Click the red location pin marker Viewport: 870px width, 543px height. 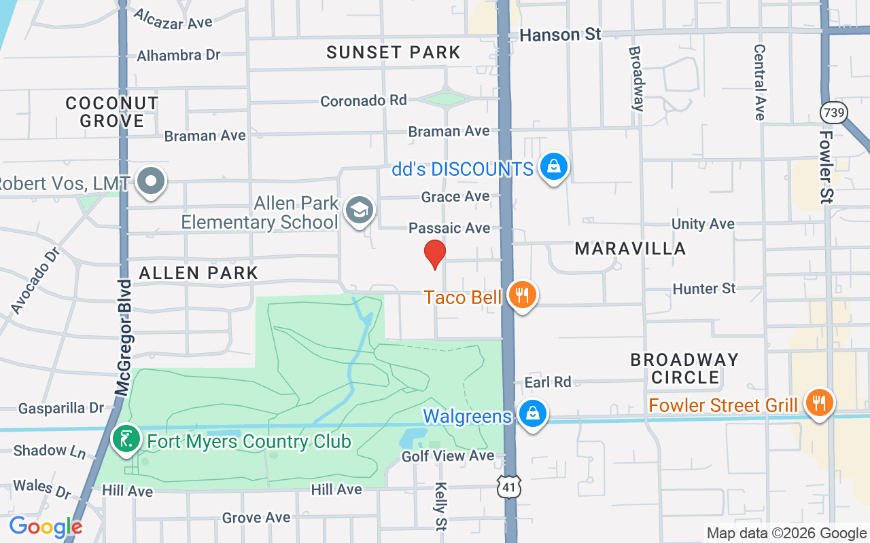point(434,255)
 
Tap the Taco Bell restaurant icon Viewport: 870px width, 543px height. point(521,295)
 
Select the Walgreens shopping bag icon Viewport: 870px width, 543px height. point(533,413)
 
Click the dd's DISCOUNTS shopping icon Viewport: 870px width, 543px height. point(554,166)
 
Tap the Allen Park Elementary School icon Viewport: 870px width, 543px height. point(359,210)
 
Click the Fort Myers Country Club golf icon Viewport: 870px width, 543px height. point(126,439)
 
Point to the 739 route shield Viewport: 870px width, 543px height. point(832,113)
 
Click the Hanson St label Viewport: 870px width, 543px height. point(560,35)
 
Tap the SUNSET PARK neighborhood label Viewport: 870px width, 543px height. point(394,52)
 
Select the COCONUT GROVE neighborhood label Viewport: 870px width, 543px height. point(112,112)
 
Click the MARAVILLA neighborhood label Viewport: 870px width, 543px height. point(630,249)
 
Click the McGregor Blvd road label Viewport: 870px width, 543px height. point(123,337)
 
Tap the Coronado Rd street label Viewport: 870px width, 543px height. point(364,100)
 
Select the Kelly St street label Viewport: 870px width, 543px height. point(441,505)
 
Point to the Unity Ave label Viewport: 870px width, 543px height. point(703,224)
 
